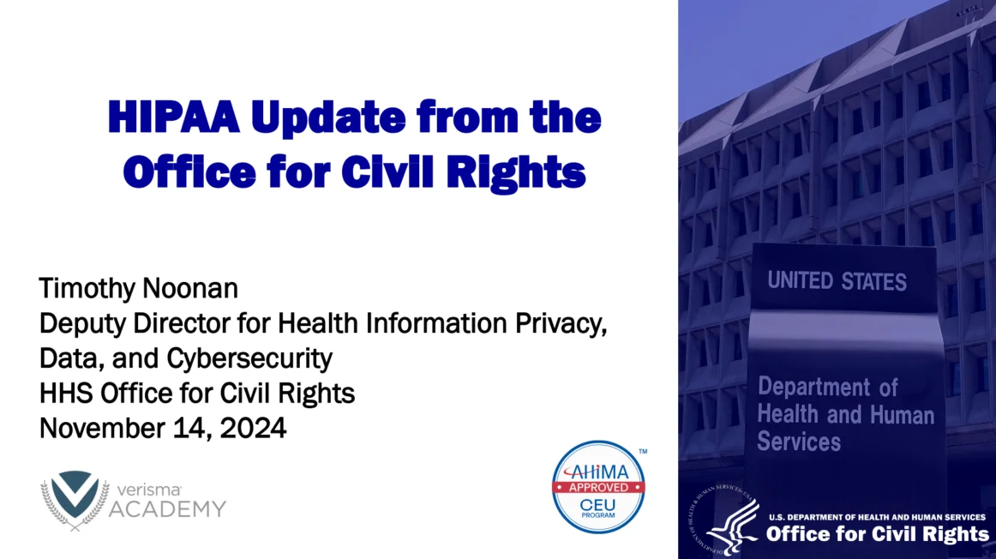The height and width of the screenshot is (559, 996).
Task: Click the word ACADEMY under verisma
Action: pos(167,509)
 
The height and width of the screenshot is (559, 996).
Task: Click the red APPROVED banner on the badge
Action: pos(598,487)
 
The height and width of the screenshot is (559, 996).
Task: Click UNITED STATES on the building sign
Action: pos(837,280)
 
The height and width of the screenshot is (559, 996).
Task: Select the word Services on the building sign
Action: pos(799,442)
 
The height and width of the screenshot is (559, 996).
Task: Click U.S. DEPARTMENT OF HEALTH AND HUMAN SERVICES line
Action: pos(876,517)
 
